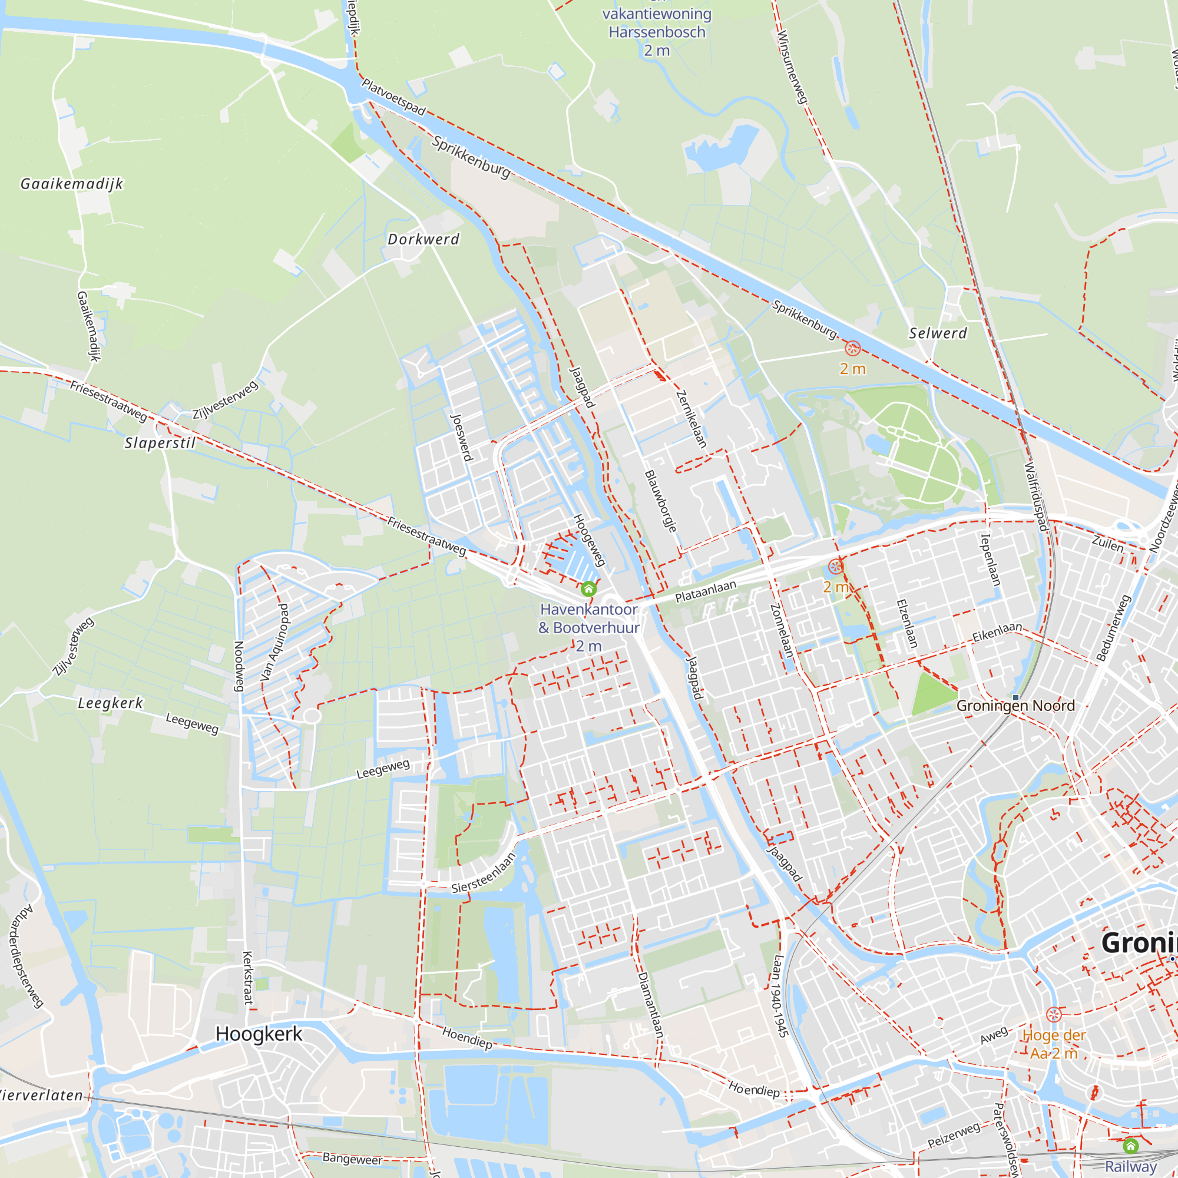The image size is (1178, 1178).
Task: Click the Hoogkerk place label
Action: (x=259, y=1034)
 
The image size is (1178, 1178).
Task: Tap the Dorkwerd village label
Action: (x=423, y=239)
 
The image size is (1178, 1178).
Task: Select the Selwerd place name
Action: (x=938, y=333)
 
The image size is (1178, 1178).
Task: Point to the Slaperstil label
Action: (x=160, y=443)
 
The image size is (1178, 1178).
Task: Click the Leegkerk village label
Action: (x=110, y=703)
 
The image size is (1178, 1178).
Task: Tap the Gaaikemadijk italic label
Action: (x=72, y=184)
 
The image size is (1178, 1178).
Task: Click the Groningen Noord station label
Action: (x=1015, y=706)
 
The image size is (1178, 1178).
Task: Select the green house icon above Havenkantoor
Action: (x=588, y=588)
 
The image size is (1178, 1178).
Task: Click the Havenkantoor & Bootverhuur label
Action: (x=589, y=618)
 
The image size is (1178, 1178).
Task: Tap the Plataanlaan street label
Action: (x=706, y=591)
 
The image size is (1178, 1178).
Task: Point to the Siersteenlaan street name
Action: (x=484, y=872)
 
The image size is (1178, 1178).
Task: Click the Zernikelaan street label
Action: (x=691, y=419)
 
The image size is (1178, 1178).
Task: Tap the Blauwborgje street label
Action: (x=661, y=501)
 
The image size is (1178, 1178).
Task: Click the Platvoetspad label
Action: (x=393, y=97)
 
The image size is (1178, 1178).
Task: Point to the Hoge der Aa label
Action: (x=1054, y=1044)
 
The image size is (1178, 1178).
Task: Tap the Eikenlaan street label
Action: (x=997, y=631)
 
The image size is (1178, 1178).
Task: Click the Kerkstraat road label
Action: (x=247, y=977)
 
